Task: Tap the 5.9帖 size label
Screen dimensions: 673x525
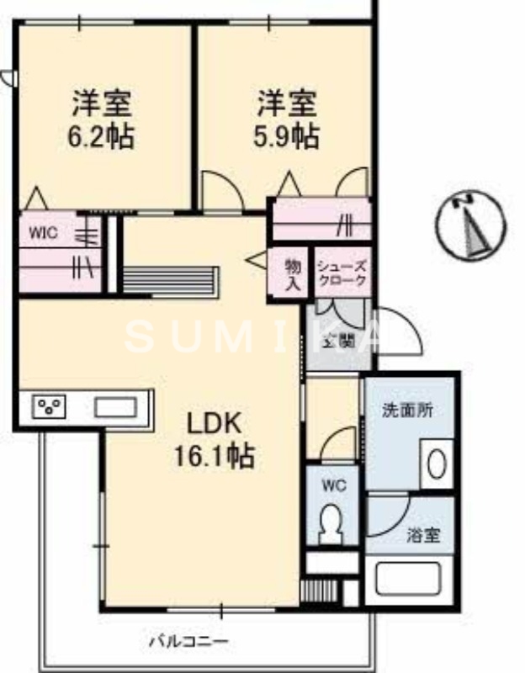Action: [287, 136]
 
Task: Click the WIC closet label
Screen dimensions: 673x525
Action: [44, 233]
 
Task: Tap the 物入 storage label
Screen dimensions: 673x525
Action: [291, 273]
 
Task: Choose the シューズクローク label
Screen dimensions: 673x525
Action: [341, 273]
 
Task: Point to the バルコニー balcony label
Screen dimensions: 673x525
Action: [188, 642]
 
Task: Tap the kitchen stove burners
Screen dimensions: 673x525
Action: [49, 407]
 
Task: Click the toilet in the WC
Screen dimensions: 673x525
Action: [331, 527]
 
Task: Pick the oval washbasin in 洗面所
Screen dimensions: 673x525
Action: [437, 464]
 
